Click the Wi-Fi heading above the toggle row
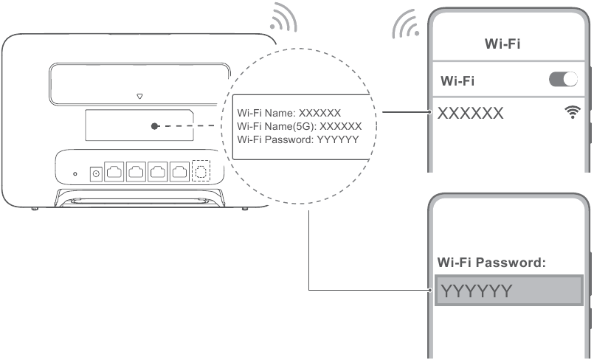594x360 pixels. click(x=503, y=44)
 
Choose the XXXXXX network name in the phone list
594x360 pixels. click(x=471, y=113)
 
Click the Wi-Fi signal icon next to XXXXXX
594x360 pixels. click(x=571, y=113)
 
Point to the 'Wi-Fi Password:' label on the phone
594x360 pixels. click(x=491, y=262)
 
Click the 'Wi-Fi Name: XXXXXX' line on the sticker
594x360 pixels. click(x=289, y=113)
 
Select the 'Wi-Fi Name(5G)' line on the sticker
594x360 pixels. click(x=299, y=126)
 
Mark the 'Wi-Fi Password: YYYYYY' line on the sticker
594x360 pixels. click(x=297, y=139)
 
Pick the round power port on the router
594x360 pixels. click(x=95, y=173)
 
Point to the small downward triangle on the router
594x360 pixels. click(x=139, y=96)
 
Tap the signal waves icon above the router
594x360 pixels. click(x=283, y=20)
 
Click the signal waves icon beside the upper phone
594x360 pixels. click(x=405, y=27)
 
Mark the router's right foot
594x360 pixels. click(x=244, y=208)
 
